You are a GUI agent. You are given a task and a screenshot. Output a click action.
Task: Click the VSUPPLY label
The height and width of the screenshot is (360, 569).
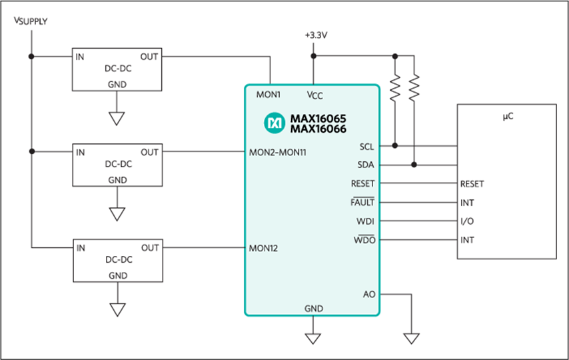31,21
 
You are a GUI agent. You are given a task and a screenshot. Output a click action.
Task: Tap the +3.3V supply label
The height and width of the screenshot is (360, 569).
316,35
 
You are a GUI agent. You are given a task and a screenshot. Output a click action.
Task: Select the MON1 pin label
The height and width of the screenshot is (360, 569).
268,95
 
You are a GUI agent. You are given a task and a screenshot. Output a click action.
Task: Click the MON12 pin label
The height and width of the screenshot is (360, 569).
263,248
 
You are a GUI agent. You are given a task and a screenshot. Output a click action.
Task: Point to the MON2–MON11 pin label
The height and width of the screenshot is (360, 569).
278,153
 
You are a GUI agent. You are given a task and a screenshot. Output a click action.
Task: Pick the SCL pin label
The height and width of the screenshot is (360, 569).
366,147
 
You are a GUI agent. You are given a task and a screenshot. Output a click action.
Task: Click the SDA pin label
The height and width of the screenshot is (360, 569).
365,165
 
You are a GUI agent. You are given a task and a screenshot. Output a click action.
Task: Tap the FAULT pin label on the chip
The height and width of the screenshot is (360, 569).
362,202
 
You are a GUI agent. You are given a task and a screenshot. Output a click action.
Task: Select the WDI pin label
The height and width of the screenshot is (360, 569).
365,221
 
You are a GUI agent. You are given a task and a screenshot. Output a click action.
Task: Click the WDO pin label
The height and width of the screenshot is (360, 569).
364,240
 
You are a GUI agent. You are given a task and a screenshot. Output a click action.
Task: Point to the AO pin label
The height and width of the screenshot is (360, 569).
369,294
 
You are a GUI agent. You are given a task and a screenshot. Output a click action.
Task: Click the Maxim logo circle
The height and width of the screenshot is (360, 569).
275,123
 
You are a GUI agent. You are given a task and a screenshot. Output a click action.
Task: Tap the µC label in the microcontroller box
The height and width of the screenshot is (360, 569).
508,116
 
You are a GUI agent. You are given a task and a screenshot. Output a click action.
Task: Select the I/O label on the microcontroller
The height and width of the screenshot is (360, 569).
467,221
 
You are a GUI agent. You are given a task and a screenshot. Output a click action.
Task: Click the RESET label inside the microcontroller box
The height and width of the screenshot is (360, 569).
472,184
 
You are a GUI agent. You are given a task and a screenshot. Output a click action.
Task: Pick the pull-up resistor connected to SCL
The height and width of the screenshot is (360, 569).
395,87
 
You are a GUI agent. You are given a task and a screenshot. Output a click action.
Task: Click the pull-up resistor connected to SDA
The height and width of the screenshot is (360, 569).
414,87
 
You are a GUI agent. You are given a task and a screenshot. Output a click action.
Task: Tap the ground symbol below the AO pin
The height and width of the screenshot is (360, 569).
412,338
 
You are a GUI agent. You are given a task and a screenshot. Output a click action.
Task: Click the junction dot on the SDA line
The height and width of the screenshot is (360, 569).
414,165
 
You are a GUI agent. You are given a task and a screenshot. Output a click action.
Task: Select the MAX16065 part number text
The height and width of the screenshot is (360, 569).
318,119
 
